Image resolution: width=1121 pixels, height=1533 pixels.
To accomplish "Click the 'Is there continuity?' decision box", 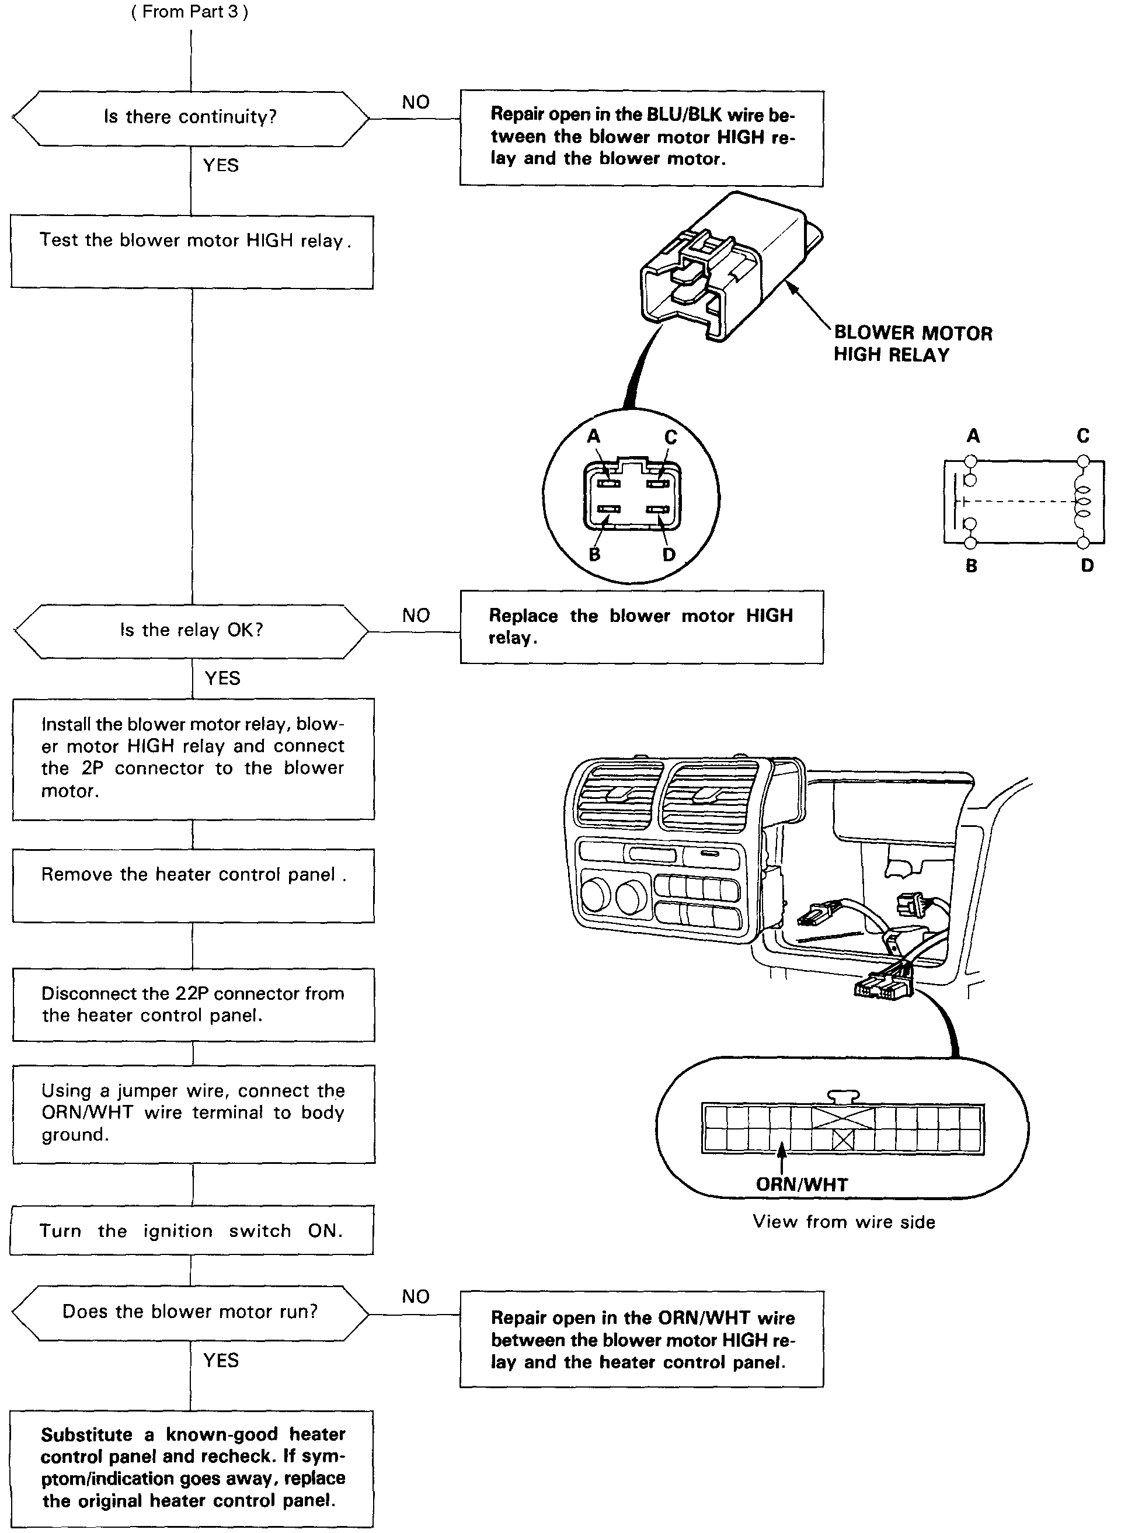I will click(191, 118).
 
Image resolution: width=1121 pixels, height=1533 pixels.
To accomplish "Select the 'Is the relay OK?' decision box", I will click(192, 631).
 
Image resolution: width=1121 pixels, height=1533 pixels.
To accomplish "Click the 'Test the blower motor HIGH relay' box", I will click(192, 252).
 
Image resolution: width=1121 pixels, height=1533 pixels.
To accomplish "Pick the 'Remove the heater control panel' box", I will click(193, 885).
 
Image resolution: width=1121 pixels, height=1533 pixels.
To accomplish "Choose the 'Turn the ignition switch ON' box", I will click(192, 1230).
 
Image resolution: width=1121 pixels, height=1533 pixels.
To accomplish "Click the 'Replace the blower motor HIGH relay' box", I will click(641, 627).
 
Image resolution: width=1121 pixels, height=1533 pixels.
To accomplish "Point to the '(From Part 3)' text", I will click(190, 12).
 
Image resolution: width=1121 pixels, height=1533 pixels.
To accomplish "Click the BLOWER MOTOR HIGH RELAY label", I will click(912, 343).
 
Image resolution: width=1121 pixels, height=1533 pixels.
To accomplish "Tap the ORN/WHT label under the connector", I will click(802, 1185).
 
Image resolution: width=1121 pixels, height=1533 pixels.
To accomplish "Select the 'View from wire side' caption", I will click(844, 1222).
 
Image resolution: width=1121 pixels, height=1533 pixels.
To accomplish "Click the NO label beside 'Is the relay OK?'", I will click(416, 616).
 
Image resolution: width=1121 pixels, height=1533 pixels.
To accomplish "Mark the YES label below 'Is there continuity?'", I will click(221, 166).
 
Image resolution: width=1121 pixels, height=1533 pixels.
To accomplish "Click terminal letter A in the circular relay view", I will click(594, 436).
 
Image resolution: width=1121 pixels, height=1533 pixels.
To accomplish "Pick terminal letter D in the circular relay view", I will click(669, 555).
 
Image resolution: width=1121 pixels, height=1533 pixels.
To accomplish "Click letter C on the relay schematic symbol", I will click(1083, 436).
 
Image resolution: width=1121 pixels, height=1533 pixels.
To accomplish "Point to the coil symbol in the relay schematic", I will click(1082, 503).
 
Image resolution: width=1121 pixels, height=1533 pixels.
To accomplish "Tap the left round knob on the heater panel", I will click(596, 896).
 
